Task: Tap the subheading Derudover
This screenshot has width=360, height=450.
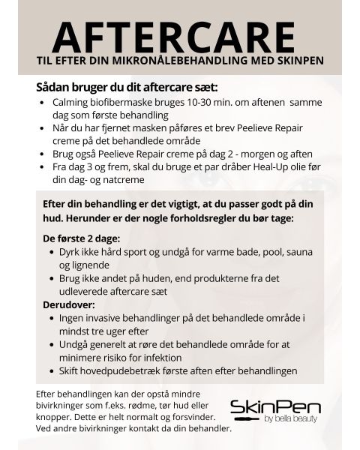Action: tap(72, 304)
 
